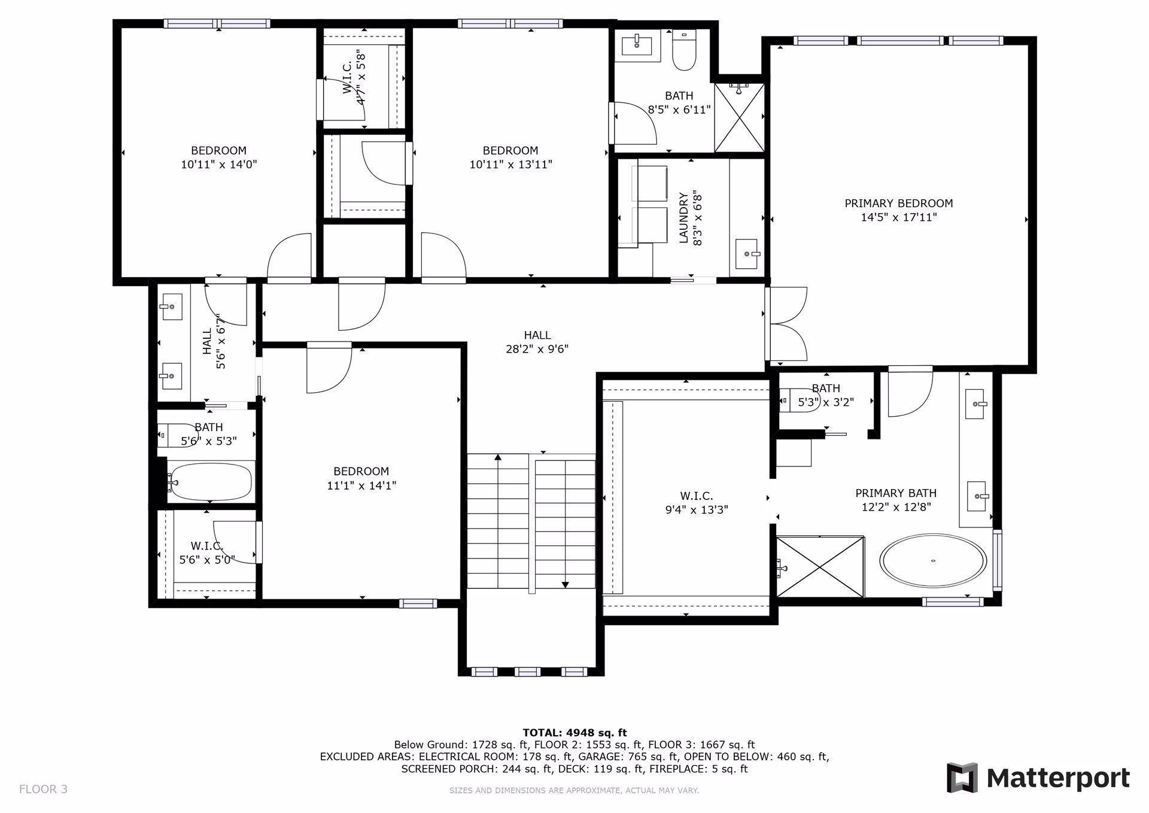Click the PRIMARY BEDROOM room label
click(898, 204)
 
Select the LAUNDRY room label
click(683, 218)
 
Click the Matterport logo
click(1038, 778)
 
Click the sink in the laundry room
click(747, 254)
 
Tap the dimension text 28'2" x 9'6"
click(537, 349)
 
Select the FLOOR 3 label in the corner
click(43, 789)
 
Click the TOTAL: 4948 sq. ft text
click(574, 732)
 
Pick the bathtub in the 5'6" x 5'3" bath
click(209, 481)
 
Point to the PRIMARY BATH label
click(896, 493)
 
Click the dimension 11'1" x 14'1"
click(361, 486)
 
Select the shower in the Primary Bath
click(820, 566)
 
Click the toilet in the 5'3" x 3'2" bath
click(790, 401)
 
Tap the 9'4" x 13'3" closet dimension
click(697, 510)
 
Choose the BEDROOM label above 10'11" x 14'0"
click(218, 150)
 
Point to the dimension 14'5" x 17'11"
click(899, 217)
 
